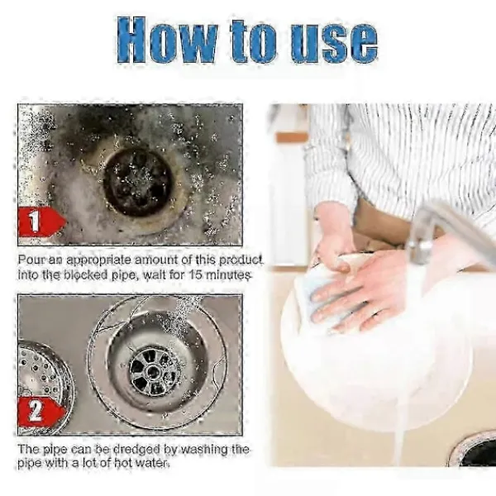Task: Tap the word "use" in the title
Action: pos(335,43)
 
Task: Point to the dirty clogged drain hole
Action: pos(138,182)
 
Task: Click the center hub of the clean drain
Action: pos(153,370)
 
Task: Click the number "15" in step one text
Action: pos(195,274)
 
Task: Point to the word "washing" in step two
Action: pos(201,449)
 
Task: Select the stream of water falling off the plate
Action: pos(399,443)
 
